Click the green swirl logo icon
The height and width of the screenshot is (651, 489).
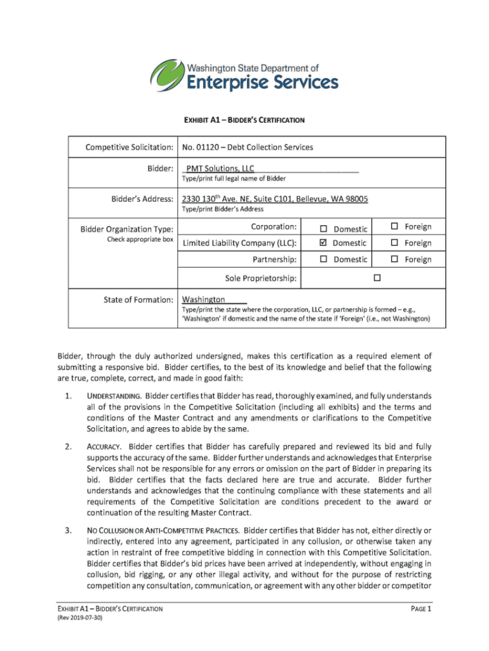tap(166, 76)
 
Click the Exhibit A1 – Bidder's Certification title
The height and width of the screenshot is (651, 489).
tap(245, 120)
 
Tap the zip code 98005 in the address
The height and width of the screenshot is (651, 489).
tap(355, 199)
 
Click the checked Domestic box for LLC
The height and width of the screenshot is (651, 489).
tap(323, 243)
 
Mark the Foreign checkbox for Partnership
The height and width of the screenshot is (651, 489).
tap(394, 259)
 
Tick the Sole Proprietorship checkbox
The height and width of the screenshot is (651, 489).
tap(377, 278)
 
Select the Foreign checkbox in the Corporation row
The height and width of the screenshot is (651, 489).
tap(394, 227)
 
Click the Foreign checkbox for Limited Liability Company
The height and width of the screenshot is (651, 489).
tap(394, 243)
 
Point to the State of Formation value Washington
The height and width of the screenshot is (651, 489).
tap(203, 299)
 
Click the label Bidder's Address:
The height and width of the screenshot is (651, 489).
tap(142, 199)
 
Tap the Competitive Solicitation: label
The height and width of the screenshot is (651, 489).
tap(130, 147)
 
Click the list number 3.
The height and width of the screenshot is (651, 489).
tap(68, 530)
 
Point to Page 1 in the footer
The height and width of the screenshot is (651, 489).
tap(420, 609)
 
